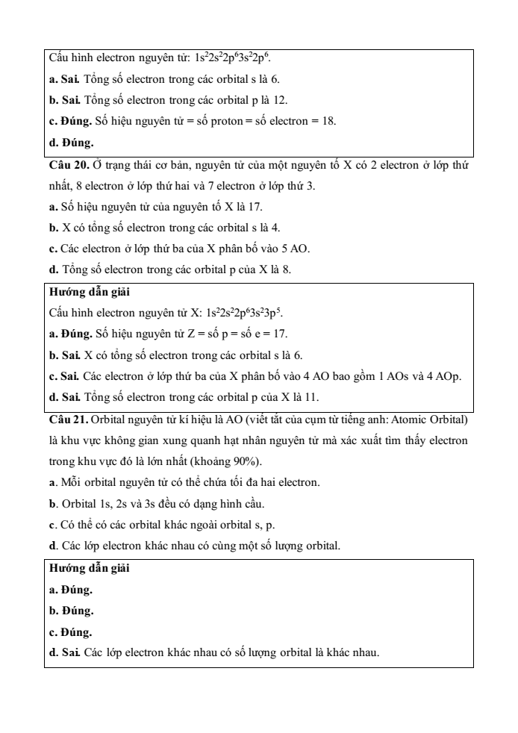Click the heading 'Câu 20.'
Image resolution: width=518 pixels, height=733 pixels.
point(68,163)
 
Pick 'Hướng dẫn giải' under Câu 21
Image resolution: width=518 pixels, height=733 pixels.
point(82,569)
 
